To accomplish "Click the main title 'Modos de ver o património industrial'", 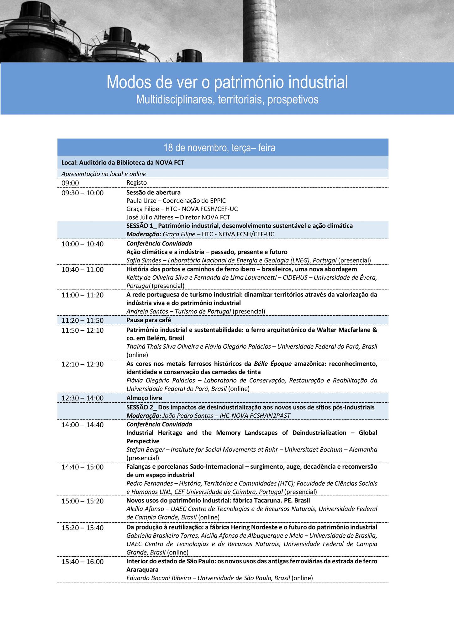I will (x=227, y=82).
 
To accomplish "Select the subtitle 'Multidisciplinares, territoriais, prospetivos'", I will (x=227, y=100).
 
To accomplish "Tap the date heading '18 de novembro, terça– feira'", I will (x=219, y=148).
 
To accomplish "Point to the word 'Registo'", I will (x=136, y=182).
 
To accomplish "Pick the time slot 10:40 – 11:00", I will (x=82, y=270).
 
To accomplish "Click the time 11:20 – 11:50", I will (x=82, y=320).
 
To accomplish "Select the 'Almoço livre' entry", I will (x=144, y=398).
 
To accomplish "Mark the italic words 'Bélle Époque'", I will (x=273, y=364).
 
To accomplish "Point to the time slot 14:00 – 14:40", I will (x=82, y=425).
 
